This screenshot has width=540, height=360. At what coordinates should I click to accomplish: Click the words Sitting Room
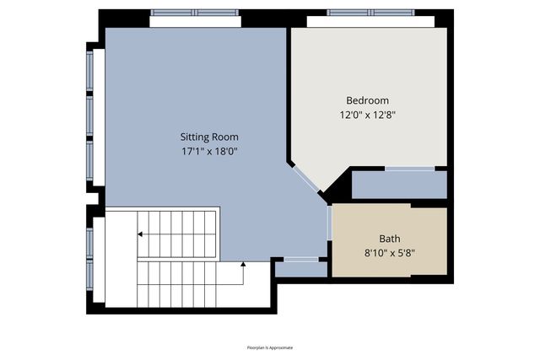tap(209, 137)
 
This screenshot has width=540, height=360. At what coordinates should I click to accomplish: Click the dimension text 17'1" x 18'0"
tap(209, 153)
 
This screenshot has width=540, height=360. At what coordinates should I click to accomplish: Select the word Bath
tap(390, 238)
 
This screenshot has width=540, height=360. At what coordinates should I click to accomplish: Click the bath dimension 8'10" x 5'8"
tap(390, 252)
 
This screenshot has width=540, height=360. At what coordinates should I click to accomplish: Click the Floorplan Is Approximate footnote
tap(269, 347)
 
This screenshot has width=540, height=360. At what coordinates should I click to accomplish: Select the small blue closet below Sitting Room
tap(300, 269)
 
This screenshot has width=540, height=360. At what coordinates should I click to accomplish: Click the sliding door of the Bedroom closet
tap(411, 170)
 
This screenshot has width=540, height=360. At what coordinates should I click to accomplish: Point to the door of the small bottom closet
tap(301, 258)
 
